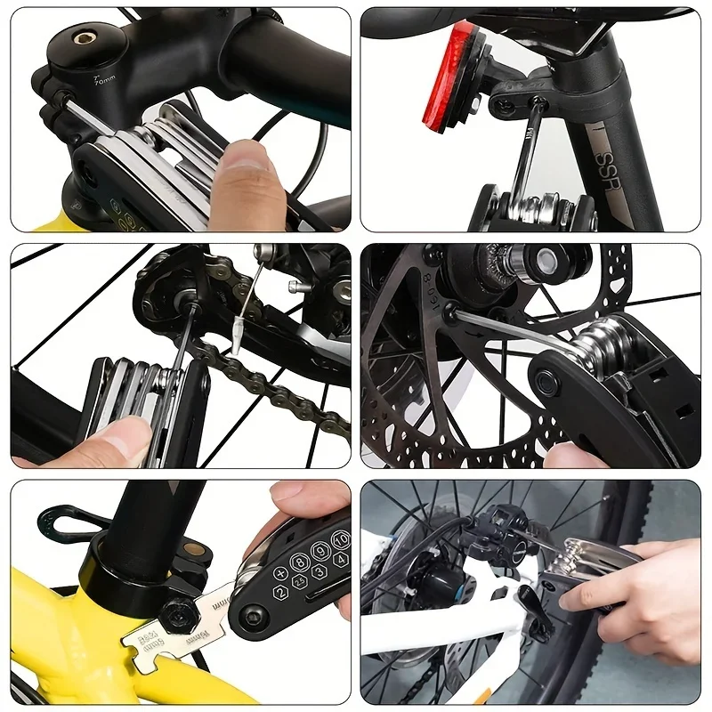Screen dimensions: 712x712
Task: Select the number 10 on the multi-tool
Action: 339,541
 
